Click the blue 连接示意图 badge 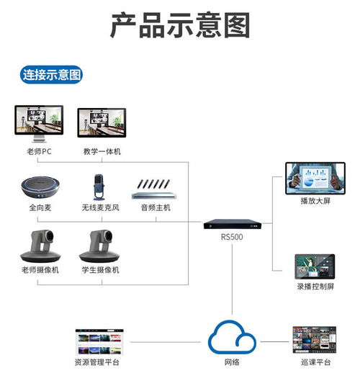(x=51, y=75)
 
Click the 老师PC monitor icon (x=39, y=124)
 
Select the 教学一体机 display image (x=102, y=122)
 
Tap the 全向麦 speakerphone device (x=40, y=187)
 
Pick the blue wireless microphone (x=99, y=187)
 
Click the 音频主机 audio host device (x=154, y=189)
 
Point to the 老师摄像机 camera (x=40, y=246)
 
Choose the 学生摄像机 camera (x=99, y=246)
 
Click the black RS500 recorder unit (x=233, y=224)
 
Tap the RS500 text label (x=232, y=237)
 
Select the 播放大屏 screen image (x=315, y=179)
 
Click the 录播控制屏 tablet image (x=315, y=266)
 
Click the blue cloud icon (x=232, y=337)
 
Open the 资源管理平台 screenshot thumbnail (x=99, y=342)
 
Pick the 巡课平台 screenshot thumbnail (x=315, y=340)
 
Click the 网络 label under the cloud (x=232, y=362)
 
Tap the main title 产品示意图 (x=180, y=25)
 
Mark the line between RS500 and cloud (x=232, y=279)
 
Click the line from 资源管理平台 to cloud (x=166, y=342)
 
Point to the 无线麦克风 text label (x=100, y=207)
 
